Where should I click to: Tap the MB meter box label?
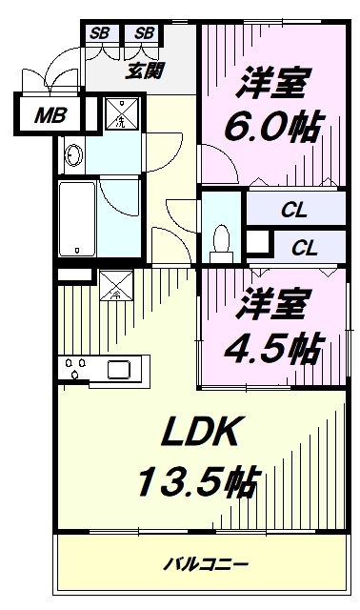point(46,117)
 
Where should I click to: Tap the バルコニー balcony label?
point(201,563)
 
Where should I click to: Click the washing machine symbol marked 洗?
point(120,114)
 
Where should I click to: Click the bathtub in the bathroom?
point(76,218)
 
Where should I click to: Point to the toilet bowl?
point(221,237)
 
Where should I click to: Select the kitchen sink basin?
point(119,369)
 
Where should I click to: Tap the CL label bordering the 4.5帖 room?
point(304,249)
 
